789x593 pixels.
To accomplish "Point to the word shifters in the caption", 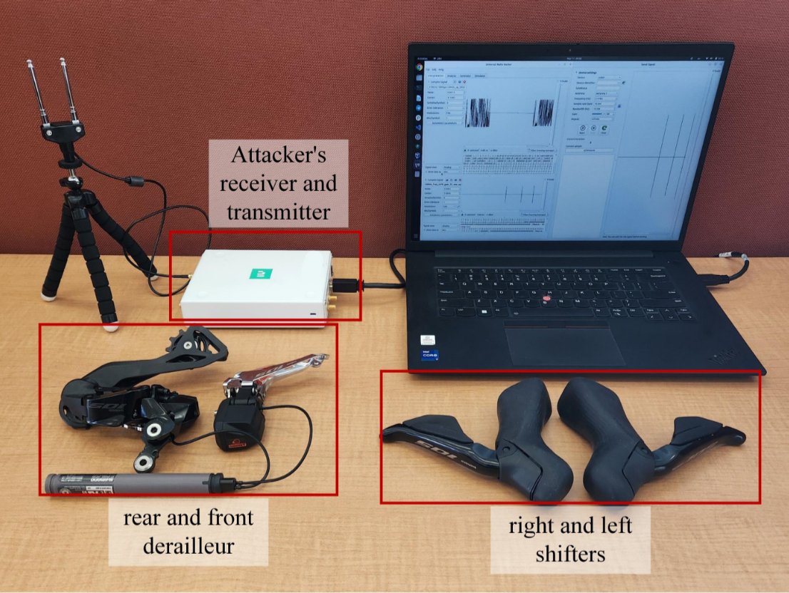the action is [570, 553].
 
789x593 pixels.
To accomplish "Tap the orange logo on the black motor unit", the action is [240, 444].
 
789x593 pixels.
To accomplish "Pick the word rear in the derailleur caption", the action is [143, 519].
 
